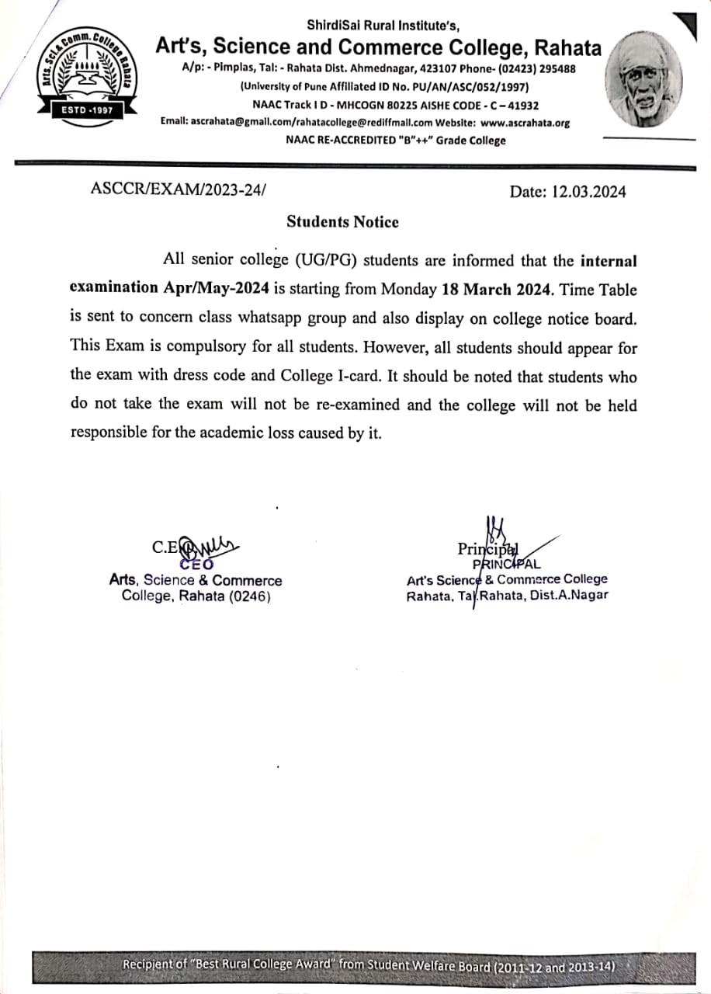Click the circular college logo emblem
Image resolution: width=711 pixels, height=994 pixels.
click(x=86, y=78)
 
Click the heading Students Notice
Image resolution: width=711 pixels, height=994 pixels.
click(x=342, y=222)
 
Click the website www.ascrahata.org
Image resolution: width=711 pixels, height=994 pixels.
click(x=525, y=123)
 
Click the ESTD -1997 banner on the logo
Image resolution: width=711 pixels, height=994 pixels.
click(x=86, y=110)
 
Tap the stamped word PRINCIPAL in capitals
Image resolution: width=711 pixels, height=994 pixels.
click(x=506, y=565)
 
